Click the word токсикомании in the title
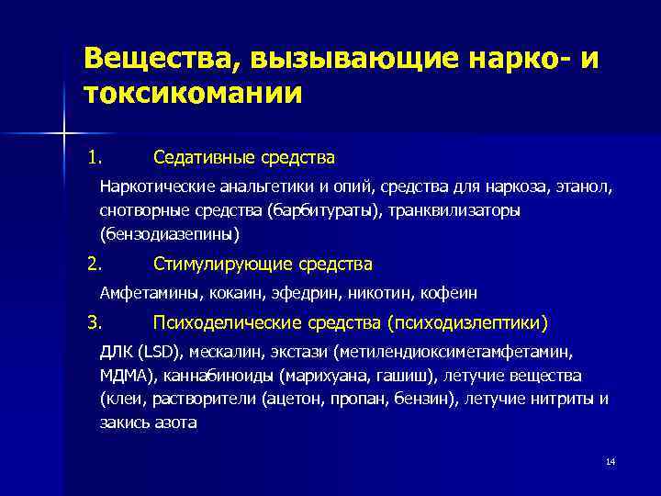(192, 94)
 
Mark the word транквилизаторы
(458, 211)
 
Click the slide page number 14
(611, 461)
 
